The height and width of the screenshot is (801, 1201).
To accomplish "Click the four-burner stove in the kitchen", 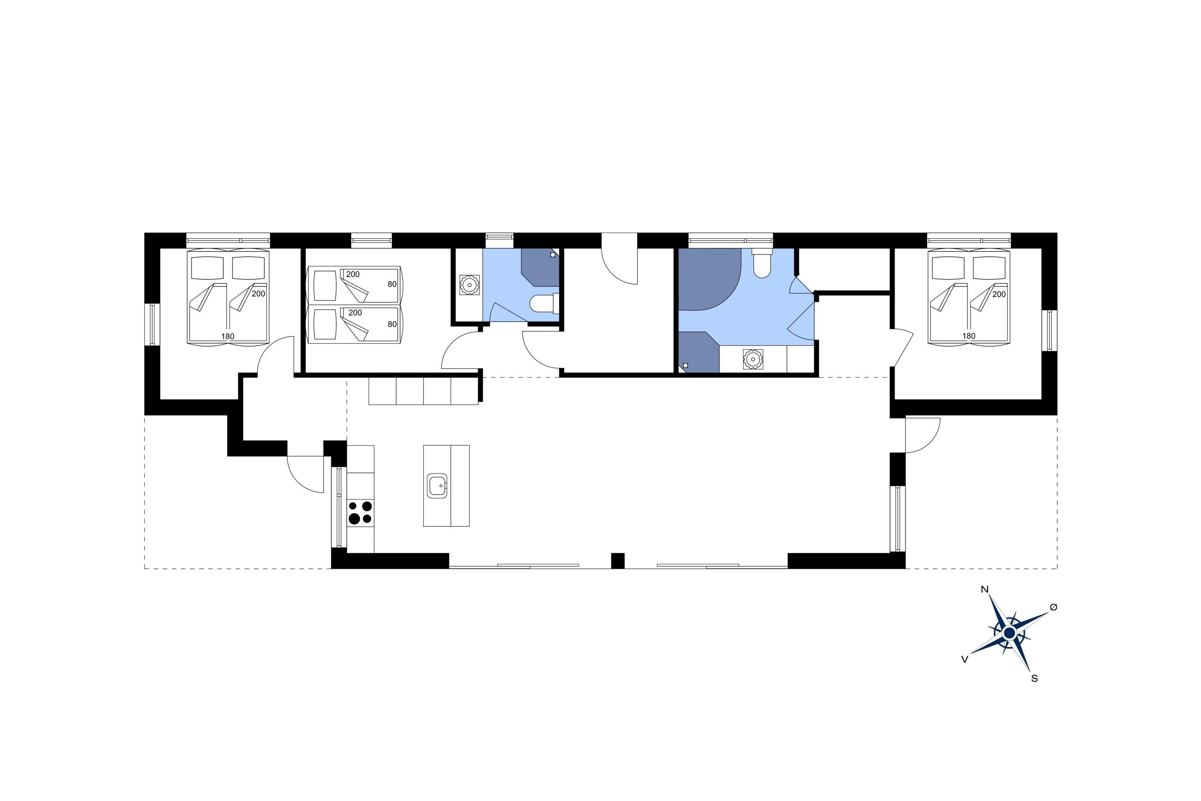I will (x=360, y=513).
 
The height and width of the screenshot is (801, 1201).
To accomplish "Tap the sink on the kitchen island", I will (x=438, y=485).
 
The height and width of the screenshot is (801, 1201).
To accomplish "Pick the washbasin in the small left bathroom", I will (x=469, y=284).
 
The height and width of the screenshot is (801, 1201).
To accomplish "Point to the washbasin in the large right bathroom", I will (x=753, y=359).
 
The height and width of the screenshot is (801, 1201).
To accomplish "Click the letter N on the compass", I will (x=984, y=590).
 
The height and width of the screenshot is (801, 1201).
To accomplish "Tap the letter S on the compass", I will (x=1034, y=679).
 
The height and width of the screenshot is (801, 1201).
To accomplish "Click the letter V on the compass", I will (x=964, y=660).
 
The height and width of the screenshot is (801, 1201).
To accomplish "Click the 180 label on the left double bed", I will (x=228, y=336).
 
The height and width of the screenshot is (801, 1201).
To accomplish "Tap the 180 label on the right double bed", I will (x=969, y=336).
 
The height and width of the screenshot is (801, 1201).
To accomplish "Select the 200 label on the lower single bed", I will (x=355, y=313).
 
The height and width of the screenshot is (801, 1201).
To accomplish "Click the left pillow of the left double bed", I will (x=207, y=267).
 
